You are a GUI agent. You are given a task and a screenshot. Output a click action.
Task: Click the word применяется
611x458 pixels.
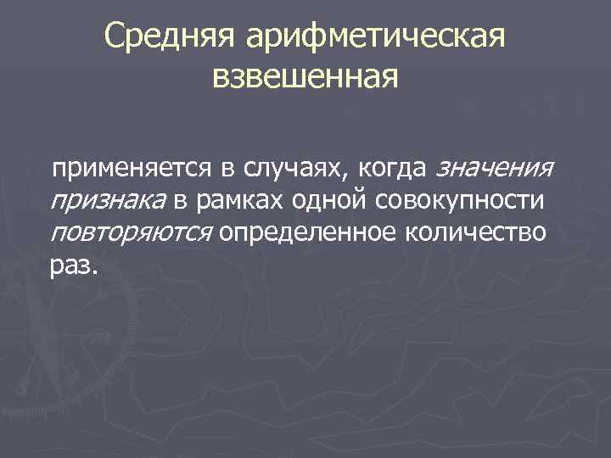(x=129, y=169)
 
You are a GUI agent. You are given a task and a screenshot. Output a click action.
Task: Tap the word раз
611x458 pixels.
(x=71, y=266)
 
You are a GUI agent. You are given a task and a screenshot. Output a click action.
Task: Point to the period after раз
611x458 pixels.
(x=96, y=272)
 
